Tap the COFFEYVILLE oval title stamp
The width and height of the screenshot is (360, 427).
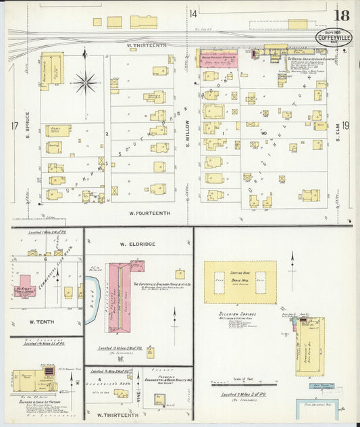click(x=334, y=39)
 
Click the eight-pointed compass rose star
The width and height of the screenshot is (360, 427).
click(x=85, y=83)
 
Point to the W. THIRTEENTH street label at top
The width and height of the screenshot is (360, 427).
click(x=146, y=45)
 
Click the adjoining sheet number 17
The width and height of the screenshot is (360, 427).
click(x=14, y=126)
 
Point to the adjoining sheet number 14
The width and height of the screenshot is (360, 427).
click(x=193, y=14)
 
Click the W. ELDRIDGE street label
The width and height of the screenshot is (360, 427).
click(x=138, y=244)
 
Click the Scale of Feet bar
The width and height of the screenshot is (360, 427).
click(x=252, y=385)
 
